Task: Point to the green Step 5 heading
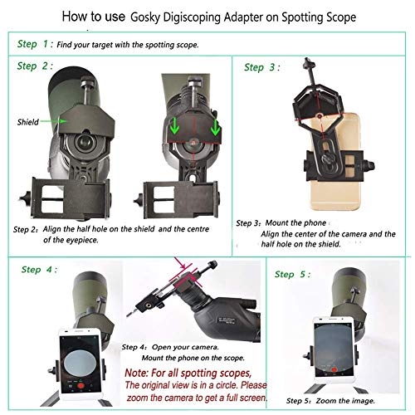[294, 271]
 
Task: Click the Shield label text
[27, 122]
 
